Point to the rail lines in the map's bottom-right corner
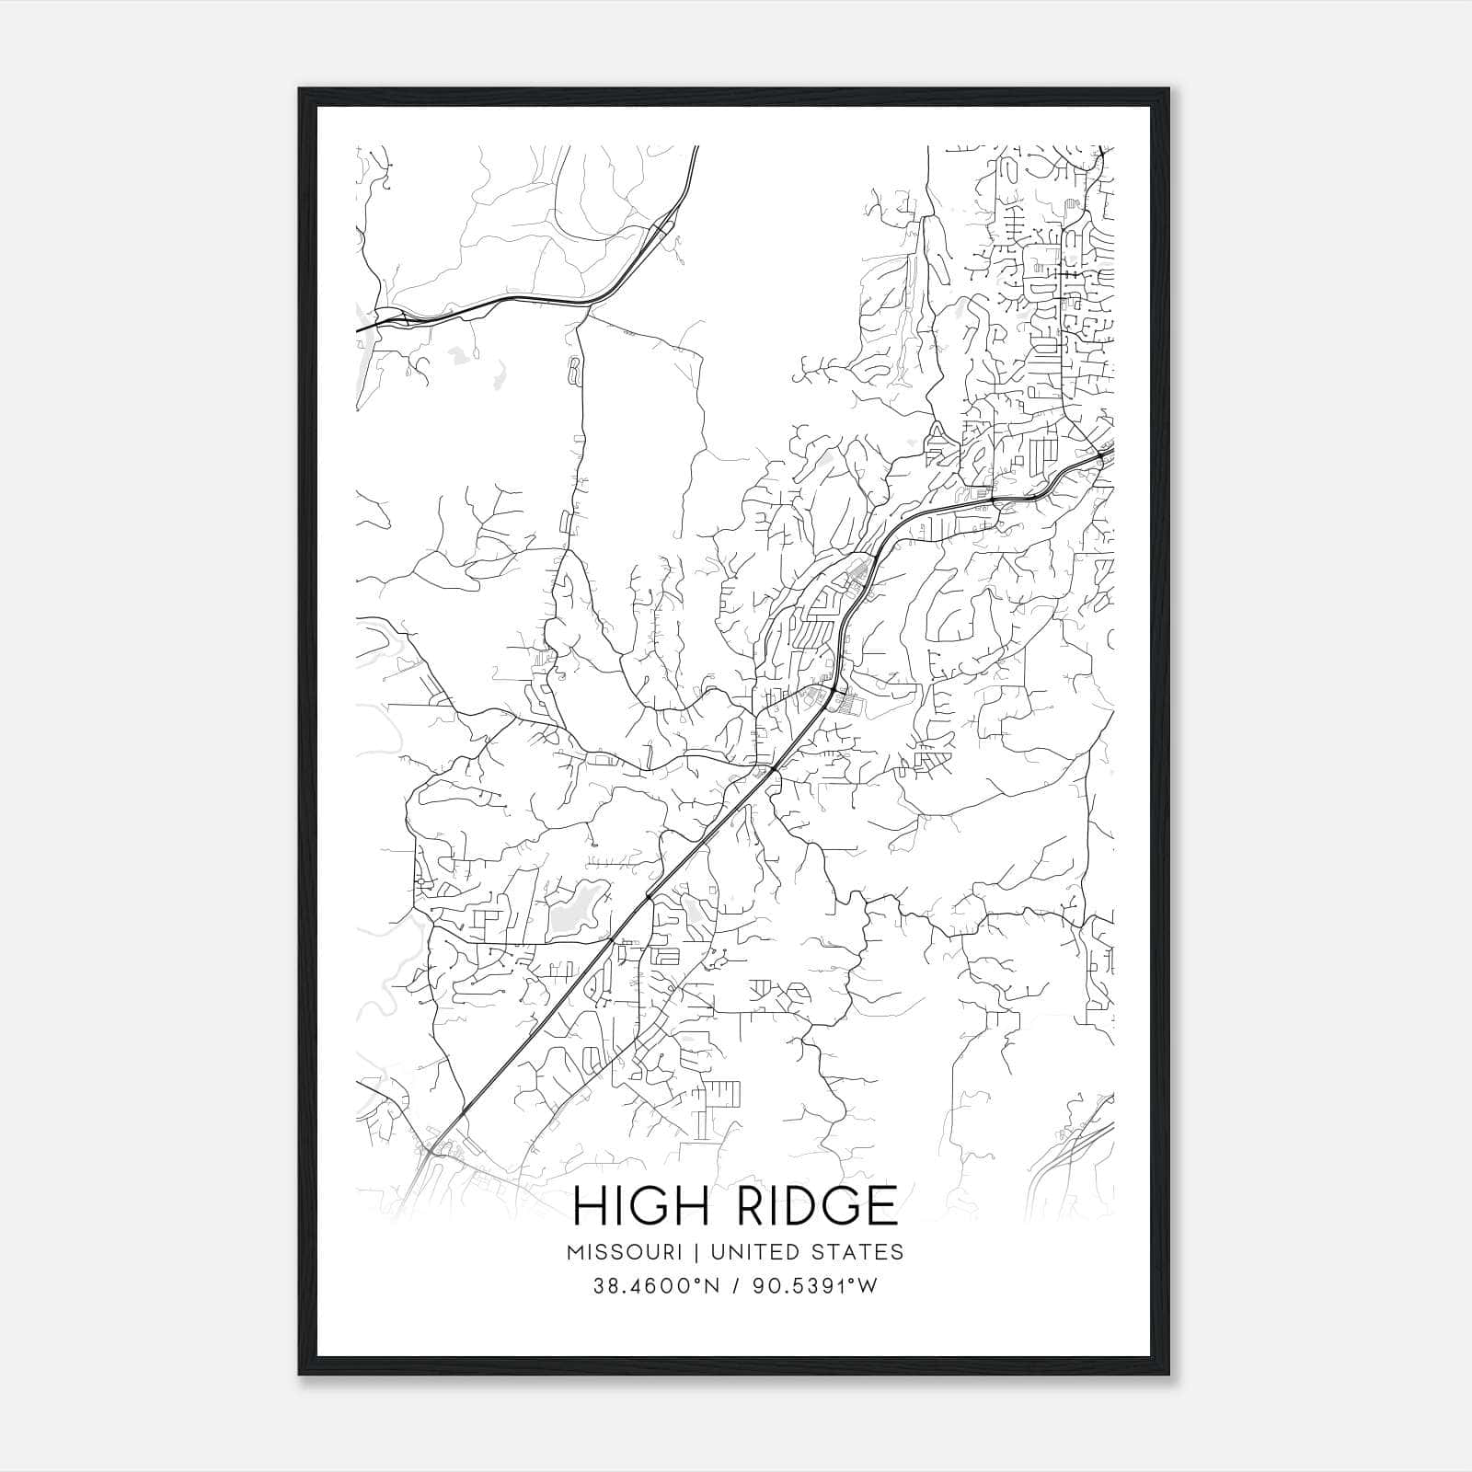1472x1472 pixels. (1067, 1150)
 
